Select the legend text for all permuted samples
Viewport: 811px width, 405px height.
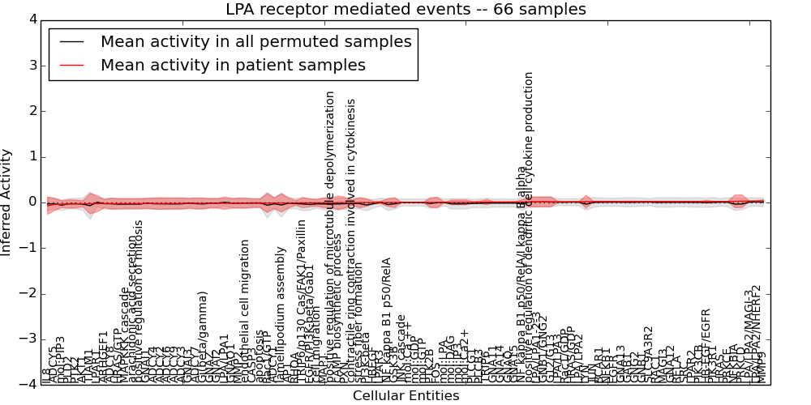click(255, 42)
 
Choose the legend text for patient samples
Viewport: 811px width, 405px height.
click(233, 65)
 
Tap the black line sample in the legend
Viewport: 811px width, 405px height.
click(71, 42)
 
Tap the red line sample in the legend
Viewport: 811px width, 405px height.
click(71, 65)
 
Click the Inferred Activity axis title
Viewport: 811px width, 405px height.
click(7, 202)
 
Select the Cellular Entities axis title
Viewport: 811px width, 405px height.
click(405, 396)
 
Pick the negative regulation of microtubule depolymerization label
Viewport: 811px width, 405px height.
click(330, 234)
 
